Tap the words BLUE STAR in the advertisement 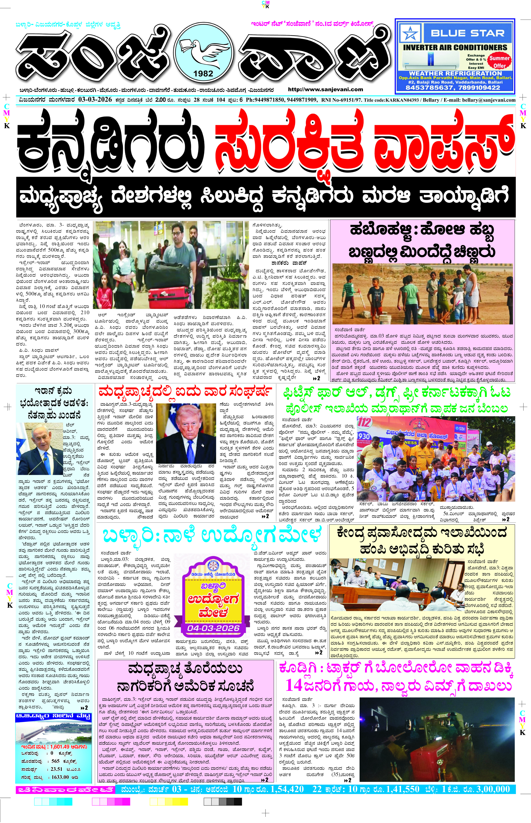pyautogui.click(x=467, y=33)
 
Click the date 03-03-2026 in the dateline pyautogui.click(x=95, y=100)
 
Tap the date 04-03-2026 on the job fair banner pyautogui.click(x=213, y=628)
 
